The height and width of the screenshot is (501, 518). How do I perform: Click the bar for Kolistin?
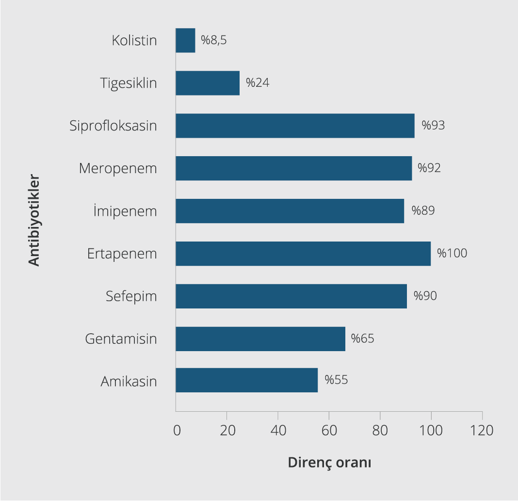(x=185, y=40)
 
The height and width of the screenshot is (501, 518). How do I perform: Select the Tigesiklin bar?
(x=208, y=83)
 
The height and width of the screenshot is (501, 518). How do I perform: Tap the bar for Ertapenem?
(x=303, y=254)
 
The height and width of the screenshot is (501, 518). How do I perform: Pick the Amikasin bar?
(x=246, y=380)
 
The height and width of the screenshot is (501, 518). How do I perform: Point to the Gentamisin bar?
(x=260, y=339)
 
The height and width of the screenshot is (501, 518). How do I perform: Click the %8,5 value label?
(x=214, y=40)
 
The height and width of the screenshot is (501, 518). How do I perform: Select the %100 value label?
(x=452, y=253)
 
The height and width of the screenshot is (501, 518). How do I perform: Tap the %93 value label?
(x=433, y=126)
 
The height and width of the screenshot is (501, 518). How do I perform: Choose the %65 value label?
(x=363, y=338)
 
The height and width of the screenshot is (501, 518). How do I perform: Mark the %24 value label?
(x=258, y=83)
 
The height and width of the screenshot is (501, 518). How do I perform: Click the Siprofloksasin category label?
(x=113, y=126)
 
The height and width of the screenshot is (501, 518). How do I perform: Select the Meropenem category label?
(x=118, y=169)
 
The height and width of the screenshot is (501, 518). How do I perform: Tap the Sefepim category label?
(x=131, y=296)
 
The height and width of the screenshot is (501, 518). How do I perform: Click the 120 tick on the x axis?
(x=482, y=430)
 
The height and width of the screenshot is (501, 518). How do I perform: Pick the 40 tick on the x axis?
(x=278, y=430)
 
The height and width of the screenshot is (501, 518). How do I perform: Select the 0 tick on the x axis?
(x=177, y=430)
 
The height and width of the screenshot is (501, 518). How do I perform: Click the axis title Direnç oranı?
(x=329, y=462)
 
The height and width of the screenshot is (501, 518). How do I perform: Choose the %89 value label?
(x=423, y=210)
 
